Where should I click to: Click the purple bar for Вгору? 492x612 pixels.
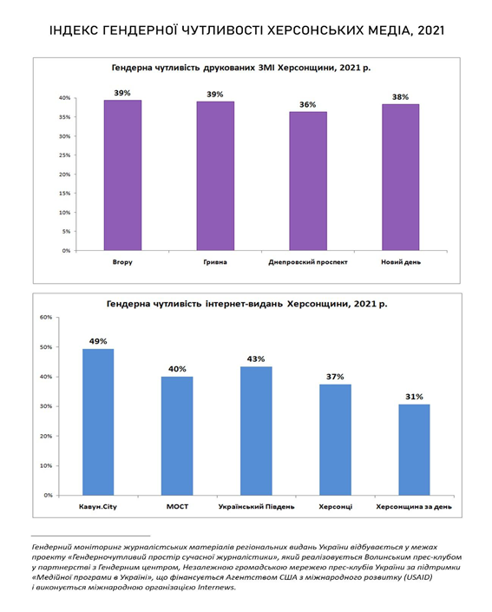(122, 175)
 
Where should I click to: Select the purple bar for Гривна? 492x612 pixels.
(215, 176)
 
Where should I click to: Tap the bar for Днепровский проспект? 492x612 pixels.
(308, 181)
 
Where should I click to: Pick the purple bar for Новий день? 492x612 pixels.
(400, 177)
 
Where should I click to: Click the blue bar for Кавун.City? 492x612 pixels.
(98, 422)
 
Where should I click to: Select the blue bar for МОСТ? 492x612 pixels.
(177, 436)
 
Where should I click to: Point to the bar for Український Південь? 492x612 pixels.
(256, 431)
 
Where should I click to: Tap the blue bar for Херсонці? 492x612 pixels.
(335, 440)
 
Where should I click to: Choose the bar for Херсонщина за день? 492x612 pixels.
(414, 450)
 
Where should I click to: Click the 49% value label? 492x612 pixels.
(98, 341)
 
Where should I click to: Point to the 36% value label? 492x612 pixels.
(308, 104)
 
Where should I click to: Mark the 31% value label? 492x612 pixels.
(414, 397)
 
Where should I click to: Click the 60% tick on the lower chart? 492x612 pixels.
(46, 318)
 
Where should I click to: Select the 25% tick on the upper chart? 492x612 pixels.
(65, 155)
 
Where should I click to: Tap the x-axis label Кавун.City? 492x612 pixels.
(98, 507)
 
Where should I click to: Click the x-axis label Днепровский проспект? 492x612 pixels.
(308, 262)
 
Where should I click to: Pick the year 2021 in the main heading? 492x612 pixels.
(430, 30)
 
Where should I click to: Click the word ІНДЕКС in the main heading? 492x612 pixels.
(74, 30)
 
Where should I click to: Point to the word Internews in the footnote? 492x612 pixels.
(216, 587)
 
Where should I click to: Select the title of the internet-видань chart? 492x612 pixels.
(247, 304)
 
